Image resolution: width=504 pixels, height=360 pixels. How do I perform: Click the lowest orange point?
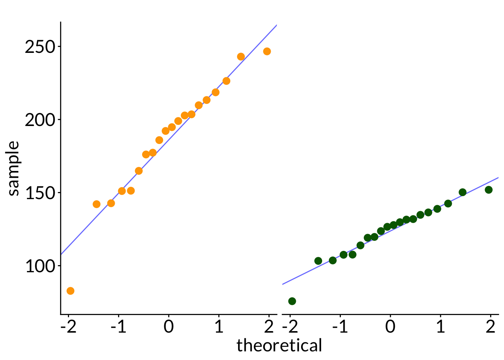point(70,291)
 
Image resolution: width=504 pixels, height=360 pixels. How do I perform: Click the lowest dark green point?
point(292,301)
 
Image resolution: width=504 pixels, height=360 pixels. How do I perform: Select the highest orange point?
point(267,51)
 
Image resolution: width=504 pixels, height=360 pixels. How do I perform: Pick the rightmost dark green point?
point(489,190)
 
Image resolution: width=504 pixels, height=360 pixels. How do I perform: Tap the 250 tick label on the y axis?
point(40,47)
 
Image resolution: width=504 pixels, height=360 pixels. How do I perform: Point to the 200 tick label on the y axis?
point(40,120)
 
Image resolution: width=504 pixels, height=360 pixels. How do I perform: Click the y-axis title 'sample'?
point(13,168)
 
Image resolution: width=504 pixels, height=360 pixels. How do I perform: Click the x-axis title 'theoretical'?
point(279,345)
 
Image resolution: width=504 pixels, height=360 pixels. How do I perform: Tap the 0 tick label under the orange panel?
point(169,327)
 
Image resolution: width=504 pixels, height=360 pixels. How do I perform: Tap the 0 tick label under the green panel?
point(390,327)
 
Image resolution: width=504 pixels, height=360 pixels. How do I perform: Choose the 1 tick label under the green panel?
point(441,327)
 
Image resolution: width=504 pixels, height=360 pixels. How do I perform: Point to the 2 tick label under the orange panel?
point(269,327)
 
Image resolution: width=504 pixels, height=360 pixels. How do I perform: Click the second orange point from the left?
point(97,204)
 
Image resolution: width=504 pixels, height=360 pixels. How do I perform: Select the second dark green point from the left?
point(318,261)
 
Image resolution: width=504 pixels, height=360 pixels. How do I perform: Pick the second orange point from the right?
point(241,57)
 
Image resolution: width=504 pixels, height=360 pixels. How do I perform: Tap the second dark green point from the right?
point(463,192)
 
